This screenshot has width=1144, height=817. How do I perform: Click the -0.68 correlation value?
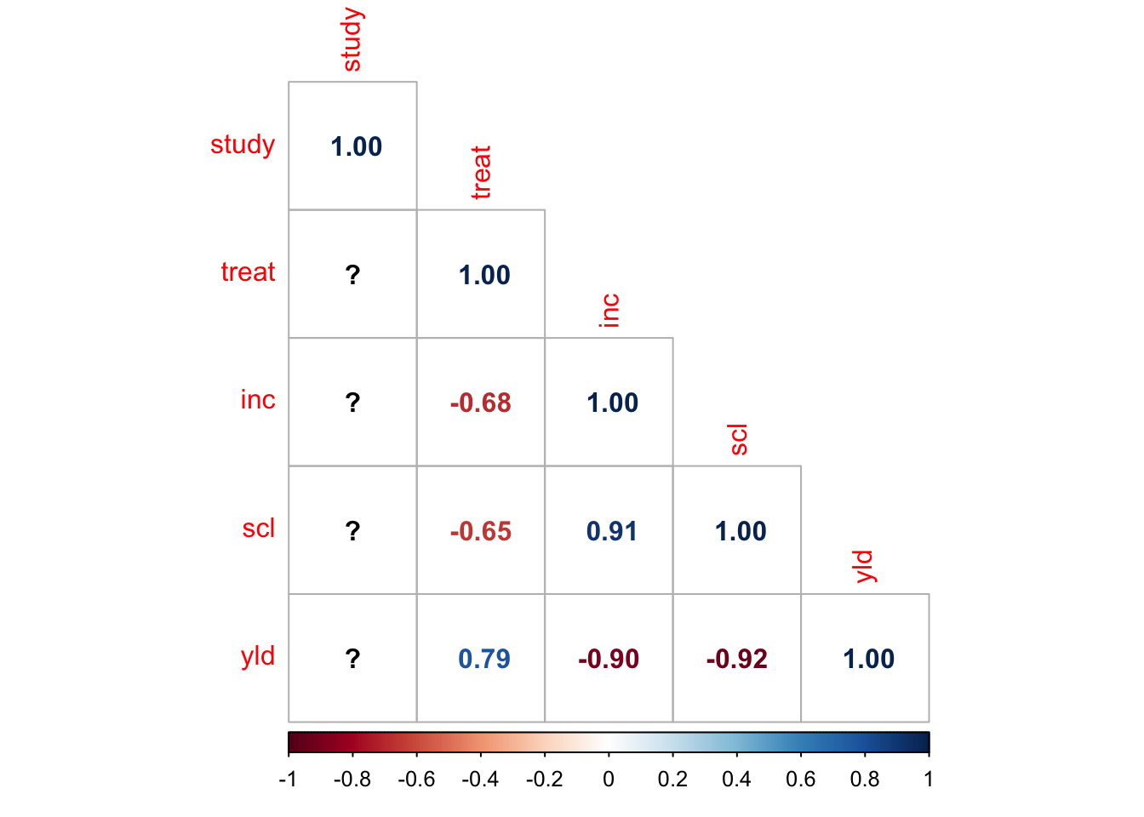tap(481, 403)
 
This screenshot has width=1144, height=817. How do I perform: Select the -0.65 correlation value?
tap(481, 531)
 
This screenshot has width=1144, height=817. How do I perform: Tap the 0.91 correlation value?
tap(611, 531)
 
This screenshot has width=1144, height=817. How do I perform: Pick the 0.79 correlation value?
tap(483, 659)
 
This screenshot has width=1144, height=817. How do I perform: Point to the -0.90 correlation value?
tap(609, 659)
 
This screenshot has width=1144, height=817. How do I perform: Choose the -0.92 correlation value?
tap(737, 659)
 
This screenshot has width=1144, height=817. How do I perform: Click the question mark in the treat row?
tap(352, 275)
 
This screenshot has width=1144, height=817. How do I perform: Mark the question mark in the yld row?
tap(352, 659)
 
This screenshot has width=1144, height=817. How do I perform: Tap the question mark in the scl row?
tap(352, 531)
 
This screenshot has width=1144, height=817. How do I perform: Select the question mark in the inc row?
tap(352, 403)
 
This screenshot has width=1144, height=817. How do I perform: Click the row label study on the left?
tap(243, 145)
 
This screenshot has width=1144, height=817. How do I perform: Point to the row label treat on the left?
tap(248, 272)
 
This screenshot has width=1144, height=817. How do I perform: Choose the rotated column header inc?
tap(609, 311)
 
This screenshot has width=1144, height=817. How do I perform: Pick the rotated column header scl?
tap(738, 439)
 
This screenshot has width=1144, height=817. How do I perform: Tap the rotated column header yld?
tap(865, 566)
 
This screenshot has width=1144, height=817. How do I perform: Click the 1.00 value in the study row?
tap(356, 146)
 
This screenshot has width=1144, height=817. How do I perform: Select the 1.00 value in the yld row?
tap(868, 659)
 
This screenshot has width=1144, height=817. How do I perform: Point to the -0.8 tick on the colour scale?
tap(352, 779)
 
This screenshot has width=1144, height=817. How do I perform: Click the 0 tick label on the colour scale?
tap(609, 779)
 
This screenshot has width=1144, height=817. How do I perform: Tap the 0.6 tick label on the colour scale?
tap(800, 779)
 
